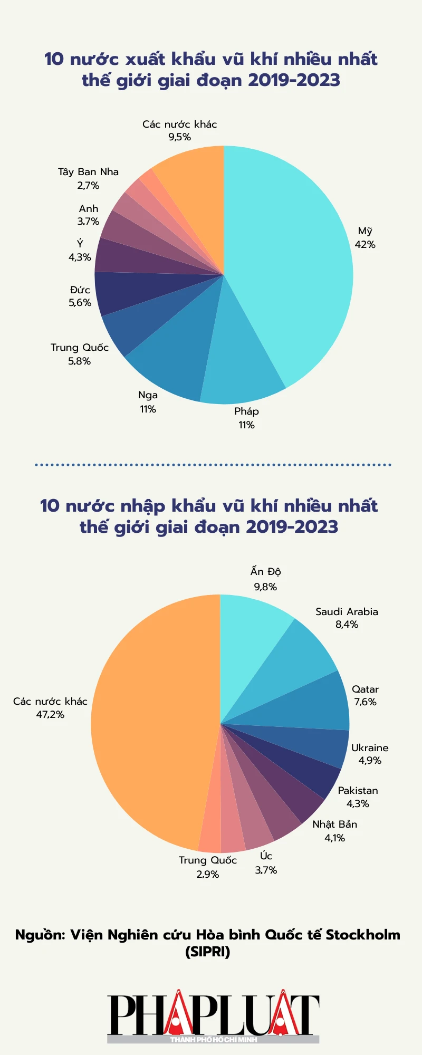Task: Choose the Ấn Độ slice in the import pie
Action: pos(248,633)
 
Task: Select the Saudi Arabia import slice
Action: pos(290,665)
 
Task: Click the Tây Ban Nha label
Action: pos(88,172)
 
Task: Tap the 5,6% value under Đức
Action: pos(80,303)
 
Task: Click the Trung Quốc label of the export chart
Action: pos(80,348)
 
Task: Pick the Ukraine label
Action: pos(370,748)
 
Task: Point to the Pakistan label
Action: pos(358,791)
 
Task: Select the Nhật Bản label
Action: pos(334,824)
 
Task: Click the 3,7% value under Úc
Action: pos(266,870)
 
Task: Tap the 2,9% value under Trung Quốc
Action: pos(207,875)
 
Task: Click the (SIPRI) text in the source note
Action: pos(208,952)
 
